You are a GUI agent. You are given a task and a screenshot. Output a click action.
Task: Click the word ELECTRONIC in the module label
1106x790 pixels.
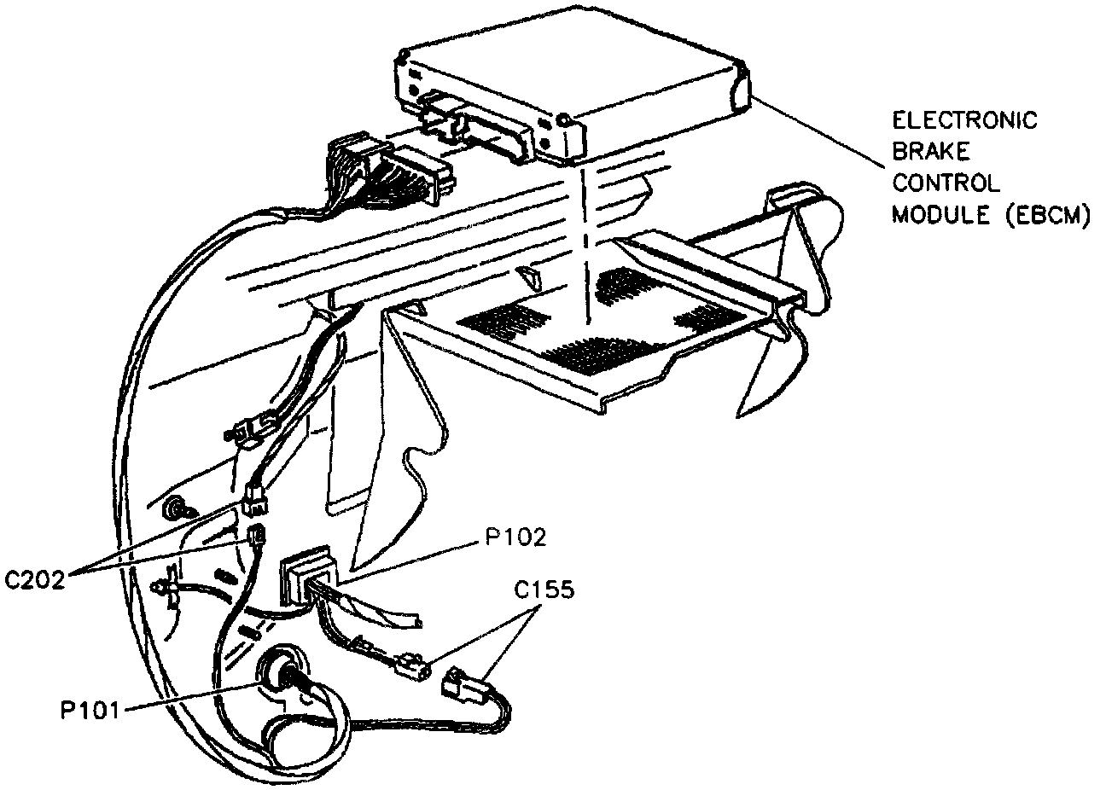point(964,119)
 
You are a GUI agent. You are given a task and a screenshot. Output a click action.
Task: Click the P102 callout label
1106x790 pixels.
point(515,537)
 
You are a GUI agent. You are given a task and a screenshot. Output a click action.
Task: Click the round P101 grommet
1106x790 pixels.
point(282,672)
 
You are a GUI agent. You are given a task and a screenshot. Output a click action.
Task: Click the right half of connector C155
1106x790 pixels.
point(463,685)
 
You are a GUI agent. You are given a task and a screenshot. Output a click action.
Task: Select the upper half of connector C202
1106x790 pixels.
point(253,499)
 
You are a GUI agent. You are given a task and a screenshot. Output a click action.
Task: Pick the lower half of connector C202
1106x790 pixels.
point(255,536)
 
